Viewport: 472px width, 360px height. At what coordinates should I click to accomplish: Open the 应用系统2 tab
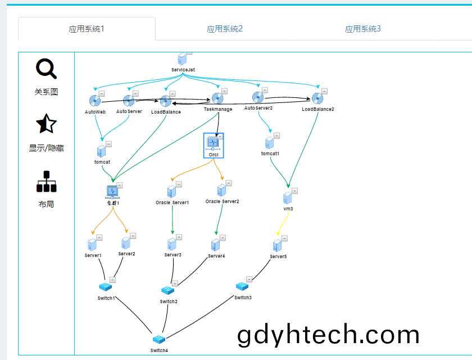[225, 29]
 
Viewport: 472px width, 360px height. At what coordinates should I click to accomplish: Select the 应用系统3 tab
[363, 29]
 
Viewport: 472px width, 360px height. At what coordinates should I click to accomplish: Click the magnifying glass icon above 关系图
[46, 69]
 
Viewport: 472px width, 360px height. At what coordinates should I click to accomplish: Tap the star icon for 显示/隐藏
[46, 124]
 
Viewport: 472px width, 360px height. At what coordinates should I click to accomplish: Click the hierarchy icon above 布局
[46, 181]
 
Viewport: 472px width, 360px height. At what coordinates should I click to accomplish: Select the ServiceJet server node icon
[182, 58]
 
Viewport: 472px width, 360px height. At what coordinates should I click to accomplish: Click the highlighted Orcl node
[214, 146]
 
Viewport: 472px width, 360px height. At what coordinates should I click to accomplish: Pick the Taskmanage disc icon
[217, 98]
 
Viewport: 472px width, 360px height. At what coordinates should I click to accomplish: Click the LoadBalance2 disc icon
[317, 98]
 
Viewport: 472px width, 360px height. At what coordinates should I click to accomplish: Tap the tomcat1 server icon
[269, 143]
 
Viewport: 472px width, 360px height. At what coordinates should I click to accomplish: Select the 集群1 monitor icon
[112, 192]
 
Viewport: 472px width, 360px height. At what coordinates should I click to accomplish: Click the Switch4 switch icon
[159, 340]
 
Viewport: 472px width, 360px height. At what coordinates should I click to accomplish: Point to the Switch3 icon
[242, 286]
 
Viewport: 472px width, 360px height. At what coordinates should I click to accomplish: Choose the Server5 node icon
[277, 245]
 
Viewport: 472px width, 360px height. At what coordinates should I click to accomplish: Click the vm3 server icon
[288, 198]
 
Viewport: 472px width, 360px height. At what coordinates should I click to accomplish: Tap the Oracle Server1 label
[172, 202]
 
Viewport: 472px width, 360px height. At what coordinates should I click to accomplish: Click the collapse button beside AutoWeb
[102, 94]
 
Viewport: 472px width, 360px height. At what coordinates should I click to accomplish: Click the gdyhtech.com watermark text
[328, 335]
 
